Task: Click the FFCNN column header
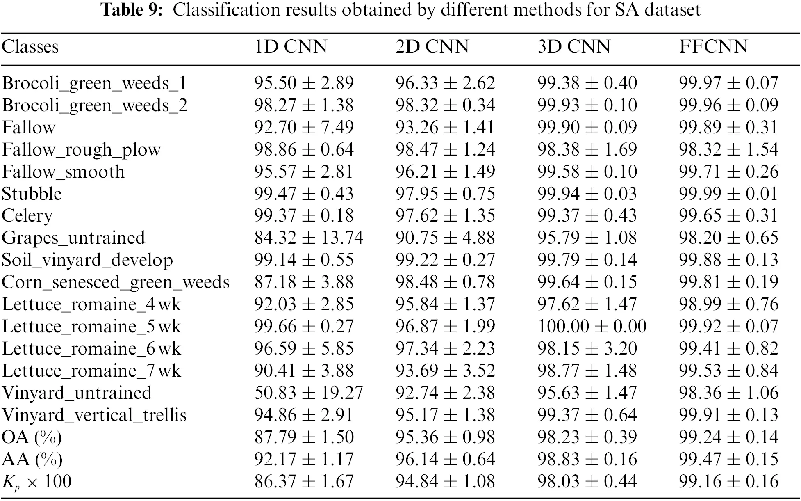click(x=713, y=46)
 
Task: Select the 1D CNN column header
click(x=291, y=46)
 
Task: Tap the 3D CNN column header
click(x=574, y=46)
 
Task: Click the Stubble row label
click(x=32, y=194)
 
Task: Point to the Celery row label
click(x=27, y=216)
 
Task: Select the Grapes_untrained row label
click(x=73, y=238)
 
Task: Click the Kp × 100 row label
click(x=36, y=482)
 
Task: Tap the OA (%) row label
click(x=32, y=437)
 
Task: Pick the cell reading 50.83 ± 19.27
click(x=309, y=393)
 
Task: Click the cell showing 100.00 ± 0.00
click(x=592, y=326)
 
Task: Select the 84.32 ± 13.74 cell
click(x=309, y=238)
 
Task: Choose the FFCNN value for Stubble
click(x=728, y=194)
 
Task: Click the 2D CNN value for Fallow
click(x=445, y=127)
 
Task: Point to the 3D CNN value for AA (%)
click(x=587, y=459)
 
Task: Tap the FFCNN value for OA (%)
click(x=728, y=437)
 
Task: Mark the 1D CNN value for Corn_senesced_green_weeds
click(x=304, y=282)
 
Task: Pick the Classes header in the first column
click(x=30, y=46)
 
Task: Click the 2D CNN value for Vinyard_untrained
click(x=445, y=393)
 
